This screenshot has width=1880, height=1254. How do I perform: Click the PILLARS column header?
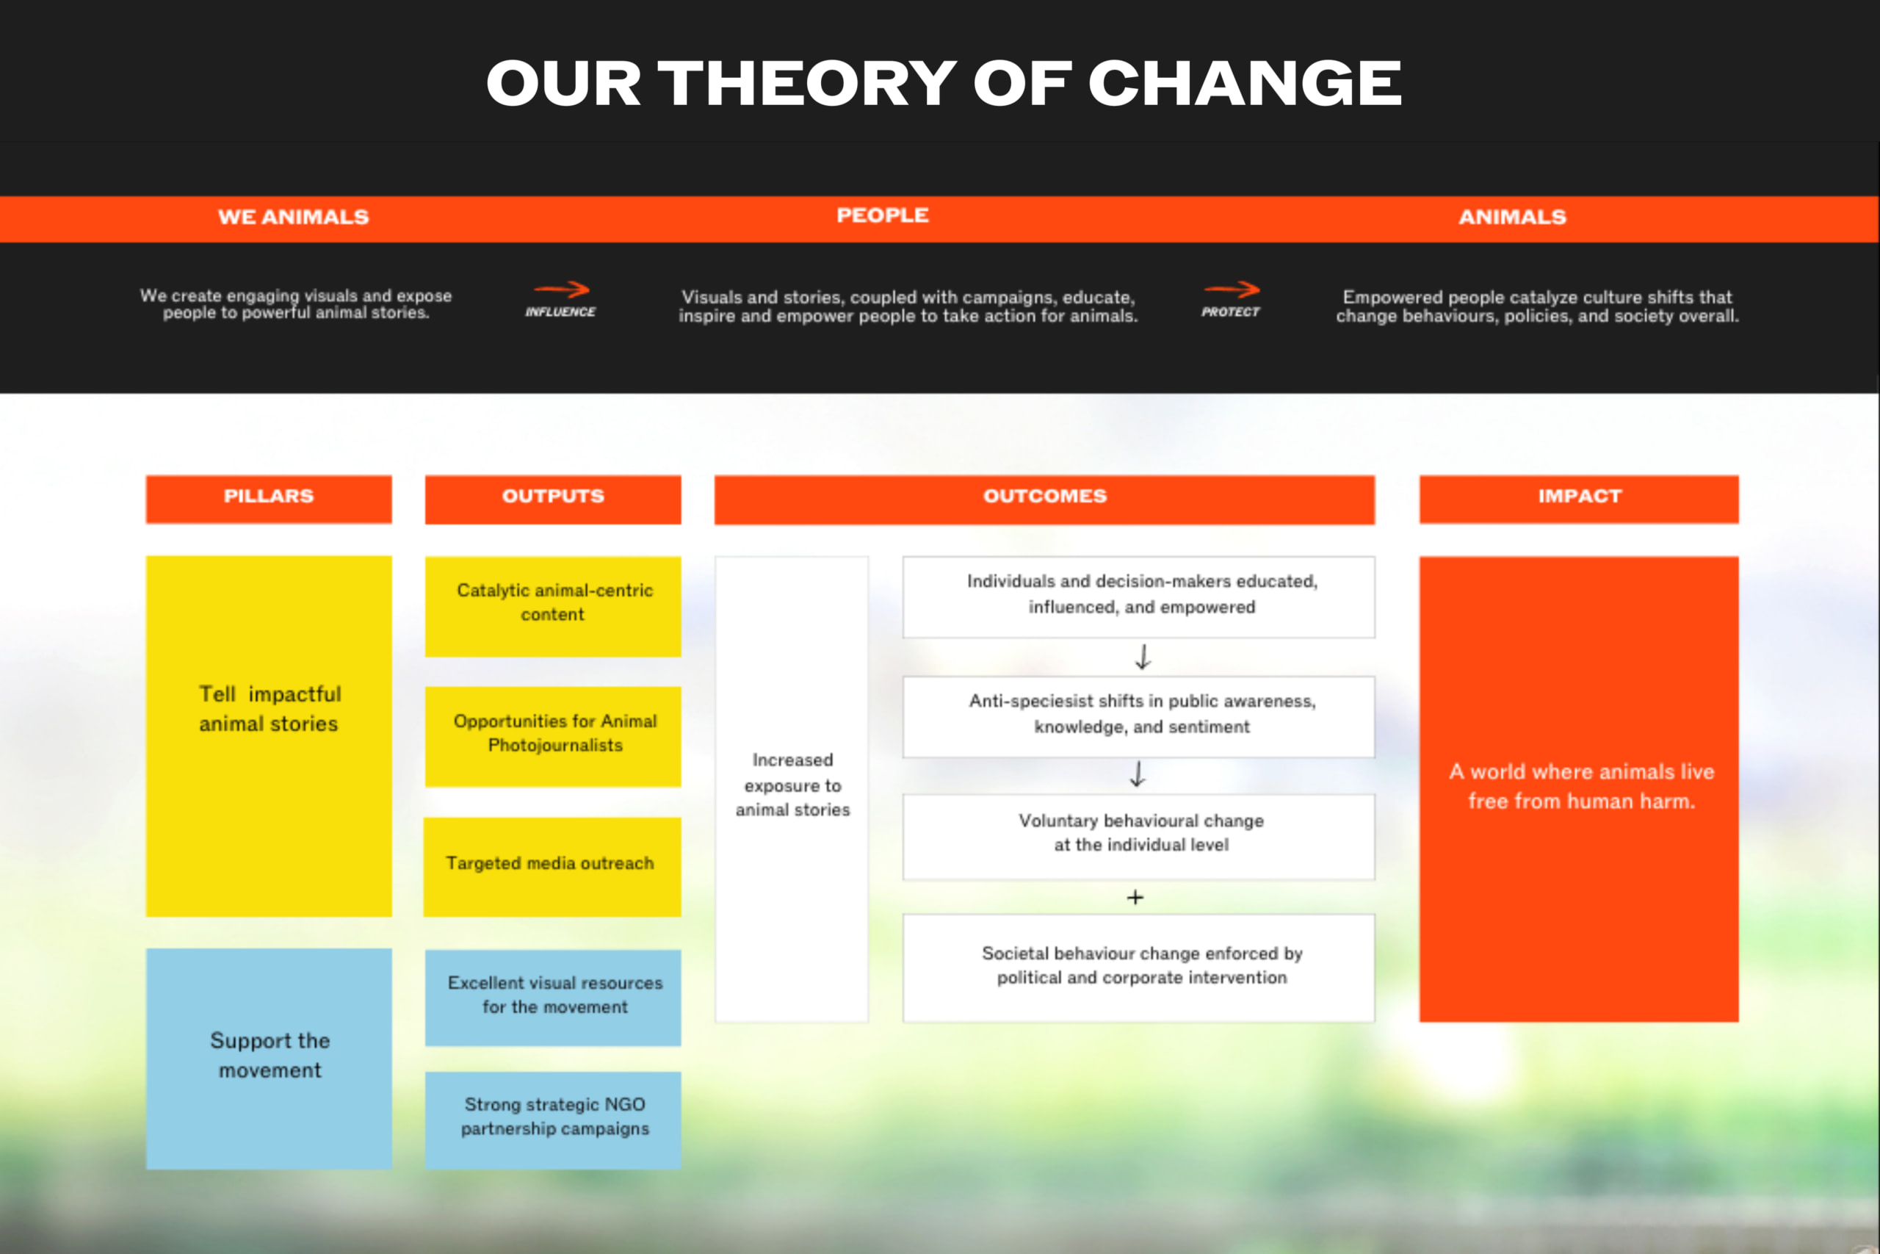coord(269,499)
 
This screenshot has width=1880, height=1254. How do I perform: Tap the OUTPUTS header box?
coord(553,499)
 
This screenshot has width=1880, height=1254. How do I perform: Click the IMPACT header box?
coord(1579,499)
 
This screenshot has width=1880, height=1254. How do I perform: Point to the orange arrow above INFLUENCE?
coord(561,289)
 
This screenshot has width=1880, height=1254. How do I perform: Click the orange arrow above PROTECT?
coord(1232,289)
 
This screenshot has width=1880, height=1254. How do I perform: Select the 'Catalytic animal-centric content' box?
coord(553,606)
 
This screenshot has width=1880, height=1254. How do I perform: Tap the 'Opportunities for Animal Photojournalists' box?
coord(553,737)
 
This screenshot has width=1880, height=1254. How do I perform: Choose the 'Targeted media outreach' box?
coord(552,867)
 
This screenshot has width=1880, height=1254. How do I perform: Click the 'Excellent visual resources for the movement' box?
coord(553,998)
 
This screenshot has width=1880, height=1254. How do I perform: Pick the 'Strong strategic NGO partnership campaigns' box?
coord(553,1120)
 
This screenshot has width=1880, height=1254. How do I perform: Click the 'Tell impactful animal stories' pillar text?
coord(270,709)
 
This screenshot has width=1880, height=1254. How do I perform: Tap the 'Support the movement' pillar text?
coord(270,1055)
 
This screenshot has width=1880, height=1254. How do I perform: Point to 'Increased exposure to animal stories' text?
coord(792,785)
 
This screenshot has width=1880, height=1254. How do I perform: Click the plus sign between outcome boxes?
coord(1135,897)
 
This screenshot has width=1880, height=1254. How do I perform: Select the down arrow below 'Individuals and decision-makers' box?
coord(1143,657)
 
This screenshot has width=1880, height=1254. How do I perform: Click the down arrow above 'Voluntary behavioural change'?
coord(1138,774)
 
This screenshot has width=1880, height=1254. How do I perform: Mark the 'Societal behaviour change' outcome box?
coord(1138,967)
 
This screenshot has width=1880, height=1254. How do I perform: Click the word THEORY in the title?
coord(807,82)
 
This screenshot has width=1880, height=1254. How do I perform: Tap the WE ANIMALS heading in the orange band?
coord(293,217)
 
